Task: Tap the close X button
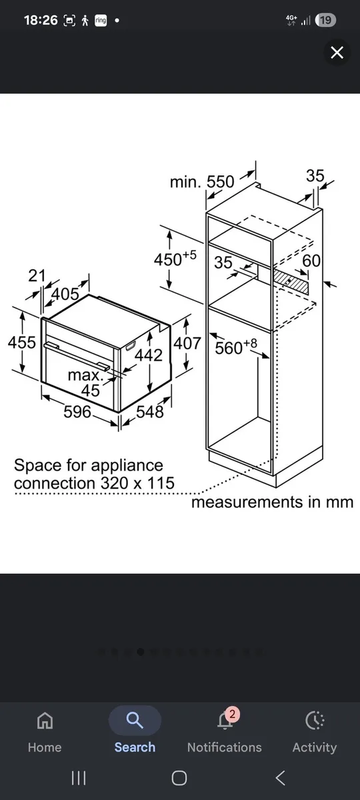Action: click(x=337, y=53)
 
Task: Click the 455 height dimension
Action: click(x=22, y=342)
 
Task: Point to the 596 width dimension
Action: click(x=77, y=411)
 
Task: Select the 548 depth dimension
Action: click(x=150, y=411)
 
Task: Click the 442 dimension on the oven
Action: click(x=149, y=355)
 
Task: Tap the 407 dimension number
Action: click(x=187, y=343)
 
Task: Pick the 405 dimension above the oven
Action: click(x=65, y=294)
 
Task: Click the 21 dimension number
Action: click(x=37, y=275)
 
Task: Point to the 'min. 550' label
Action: click(x=202, y=182)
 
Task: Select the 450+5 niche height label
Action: click(x=175, y=258)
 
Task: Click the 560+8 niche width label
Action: click(x=236, y=347)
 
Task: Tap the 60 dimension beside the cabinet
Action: click(x=311, y=261)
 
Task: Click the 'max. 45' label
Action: click(x=86, y=383)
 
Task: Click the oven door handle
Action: click(x=77, y=356)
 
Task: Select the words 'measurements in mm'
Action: click(x=272, y=502)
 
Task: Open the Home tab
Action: click(x=45, y=731)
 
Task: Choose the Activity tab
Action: click(x=315, y=731)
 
